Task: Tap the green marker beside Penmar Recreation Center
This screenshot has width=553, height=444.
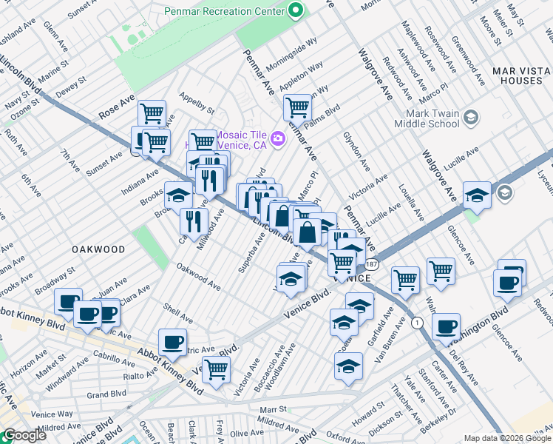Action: (x=296, y=11)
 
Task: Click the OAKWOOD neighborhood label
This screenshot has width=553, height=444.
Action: (x=96, y=250)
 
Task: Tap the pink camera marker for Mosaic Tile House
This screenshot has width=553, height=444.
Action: (x=278, y=138)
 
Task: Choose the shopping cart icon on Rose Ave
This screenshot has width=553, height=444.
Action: (x=152, y=113)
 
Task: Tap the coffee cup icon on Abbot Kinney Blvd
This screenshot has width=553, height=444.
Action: (x=172, y=341)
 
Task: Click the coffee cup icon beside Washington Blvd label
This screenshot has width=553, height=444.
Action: (x=446, y=326)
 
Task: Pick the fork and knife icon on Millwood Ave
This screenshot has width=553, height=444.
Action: (x=194, y=220)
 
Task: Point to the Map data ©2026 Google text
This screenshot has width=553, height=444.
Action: (x=506, y=437)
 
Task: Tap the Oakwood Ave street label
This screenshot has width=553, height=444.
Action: (x=198, y=277)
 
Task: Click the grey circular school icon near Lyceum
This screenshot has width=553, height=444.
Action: (x=505, y=193)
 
